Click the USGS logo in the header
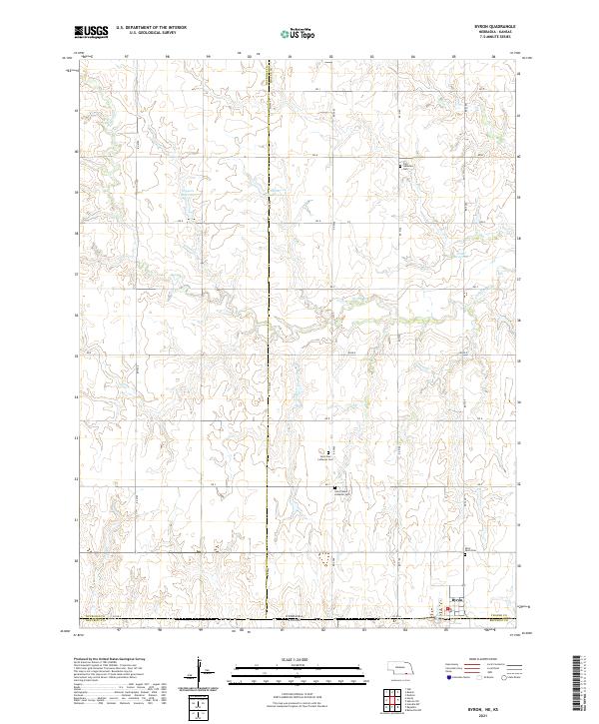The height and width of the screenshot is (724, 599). [91, 32]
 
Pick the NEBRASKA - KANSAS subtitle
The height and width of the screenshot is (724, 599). [497, 34]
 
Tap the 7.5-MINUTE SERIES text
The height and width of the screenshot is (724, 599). [497, 39]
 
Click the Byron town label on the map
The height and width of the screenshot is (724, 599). [457, 600]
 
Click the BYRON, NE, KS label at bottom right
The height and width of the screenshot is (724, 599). [496, 700]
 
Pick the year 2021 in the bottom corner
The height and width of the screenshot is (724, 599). [496, 708]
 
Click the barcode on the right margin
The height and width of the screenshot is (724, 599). [578, 683]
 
